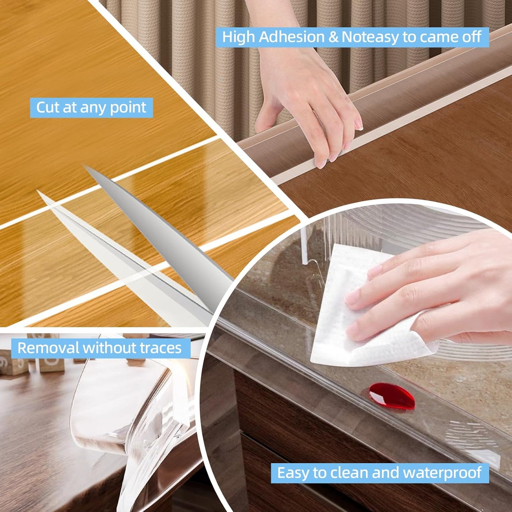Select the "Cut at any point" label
[91, 107]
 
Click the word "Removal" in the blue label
[48, 348]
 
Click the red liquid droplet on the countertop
[392, 396]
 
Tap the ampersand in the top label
[333, 37]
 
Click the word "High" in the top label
[238, 37]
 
